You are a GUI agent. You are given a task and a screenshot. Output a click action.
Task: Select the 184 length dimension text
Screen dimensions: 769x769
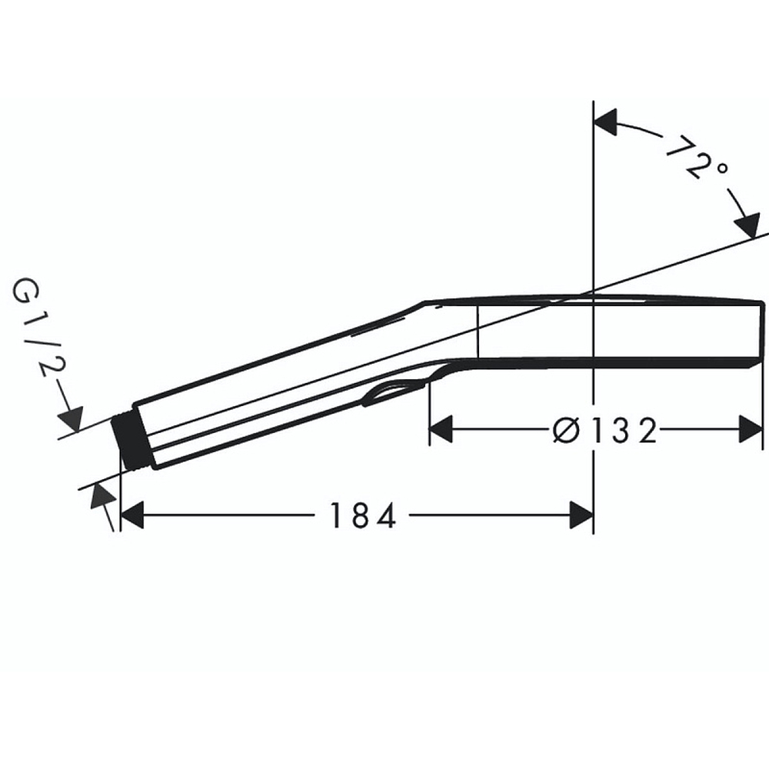tap(363, 516)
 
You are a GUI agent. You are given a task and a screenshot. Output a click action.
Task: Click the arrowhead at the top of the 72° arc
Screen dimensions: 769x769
tap(607, 122)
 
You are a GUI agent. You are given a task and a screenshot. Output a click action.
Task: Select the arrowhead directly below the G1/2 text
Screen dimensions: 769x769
tap(71, 420)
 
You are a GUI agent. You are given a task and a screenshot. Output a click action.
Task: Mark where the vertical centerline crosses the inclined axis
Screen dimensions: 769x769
tap(593, 291)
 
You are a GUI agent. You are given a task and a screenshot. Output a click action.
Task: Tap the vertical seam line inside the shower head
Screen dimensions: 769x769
tap(478, 331)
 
